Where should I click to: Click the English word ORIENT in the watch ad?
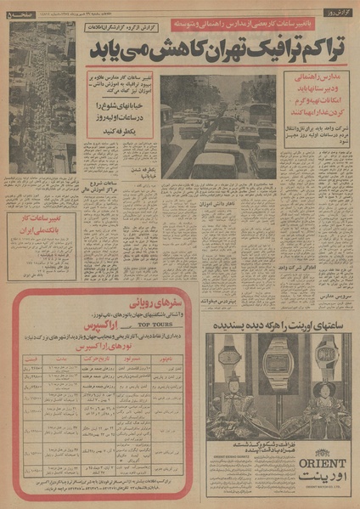[319, 462]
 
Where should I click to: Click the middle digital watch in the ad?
[275, 360]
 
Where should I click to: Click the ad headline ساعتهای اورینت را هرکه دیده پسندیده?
[277, 325]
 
